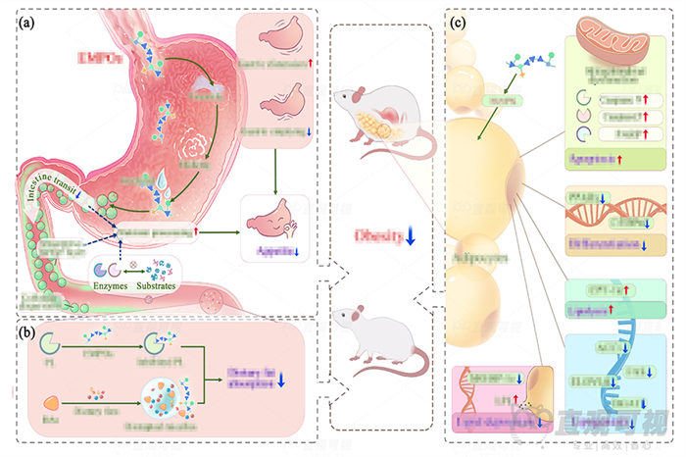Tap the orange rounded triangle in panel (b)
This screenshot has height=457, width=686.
click(51, 402)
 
